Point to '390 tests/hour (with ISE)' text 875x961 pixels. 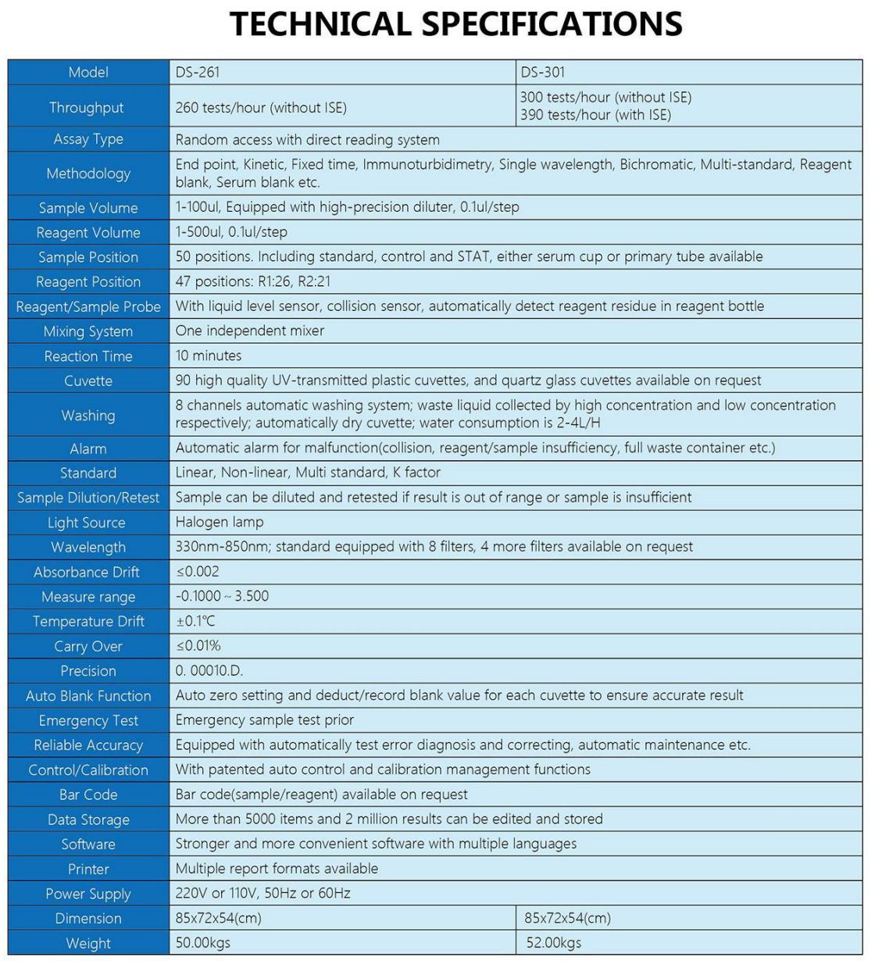tap(595, 115)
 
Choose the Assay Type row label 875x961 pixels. tap(88, 139)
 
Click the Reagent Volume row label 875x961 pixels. tap(88, 233)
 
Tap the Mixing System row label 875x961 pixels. tap(88, 331)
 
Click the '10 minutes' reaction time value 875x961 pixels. tap(209, 355)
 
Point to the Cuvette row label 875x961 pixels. tap(88, 381)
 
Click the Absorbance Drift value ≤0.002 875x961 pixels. tap(198, 572)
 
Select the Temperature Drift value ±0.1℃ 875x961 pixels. tap(195, 621)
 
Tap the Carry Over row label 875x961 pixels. tap(88, 646)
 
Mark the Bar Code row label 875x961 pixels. tap(88, 795)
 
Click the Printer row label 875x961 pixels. tap(88, 869)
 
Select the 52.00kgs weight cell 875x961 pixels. tap(554, 943)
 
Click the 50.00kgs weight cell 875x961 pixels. tap(203, 943)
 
